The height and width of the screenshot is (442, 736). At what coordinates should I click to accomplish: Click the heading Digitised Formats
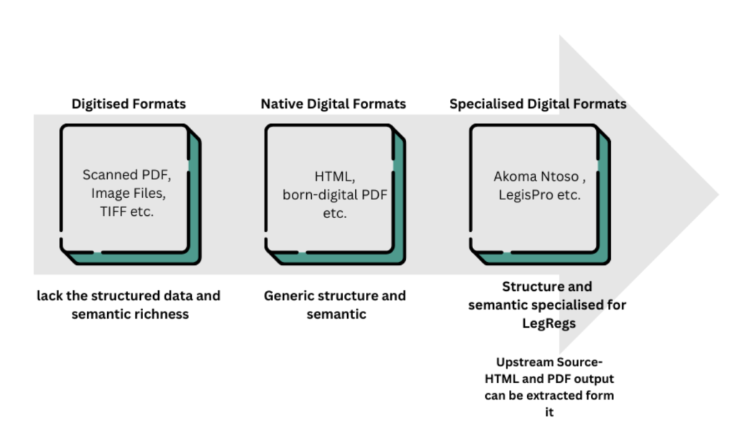(129, 104)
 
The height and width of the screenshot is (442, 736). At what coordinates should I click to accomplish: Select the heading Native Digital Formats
(333, 104)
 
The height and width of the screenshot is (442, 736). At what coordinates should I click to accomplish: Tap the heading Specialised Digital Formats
(538, 104)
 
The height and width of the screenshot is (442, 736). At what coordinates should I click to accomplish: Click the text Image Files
(128, 194)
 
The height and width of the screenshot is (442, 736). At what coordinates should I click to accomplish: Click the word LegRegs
(547, 324)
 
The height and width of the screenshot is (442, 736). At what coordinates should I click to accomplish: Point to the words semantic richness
(129, 314)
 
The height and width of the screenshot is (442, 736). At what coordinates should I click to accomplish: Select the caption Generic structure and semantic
(334, 305)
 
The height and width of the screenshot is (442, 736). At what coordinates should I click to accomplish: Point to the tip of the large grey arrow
(717, 194)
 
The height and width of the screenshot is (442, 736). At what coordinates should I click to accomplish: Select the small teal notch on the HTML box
(397, 166)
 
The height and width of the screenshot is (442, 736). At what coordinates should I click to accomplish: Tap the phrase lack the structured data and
(129, 296)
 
